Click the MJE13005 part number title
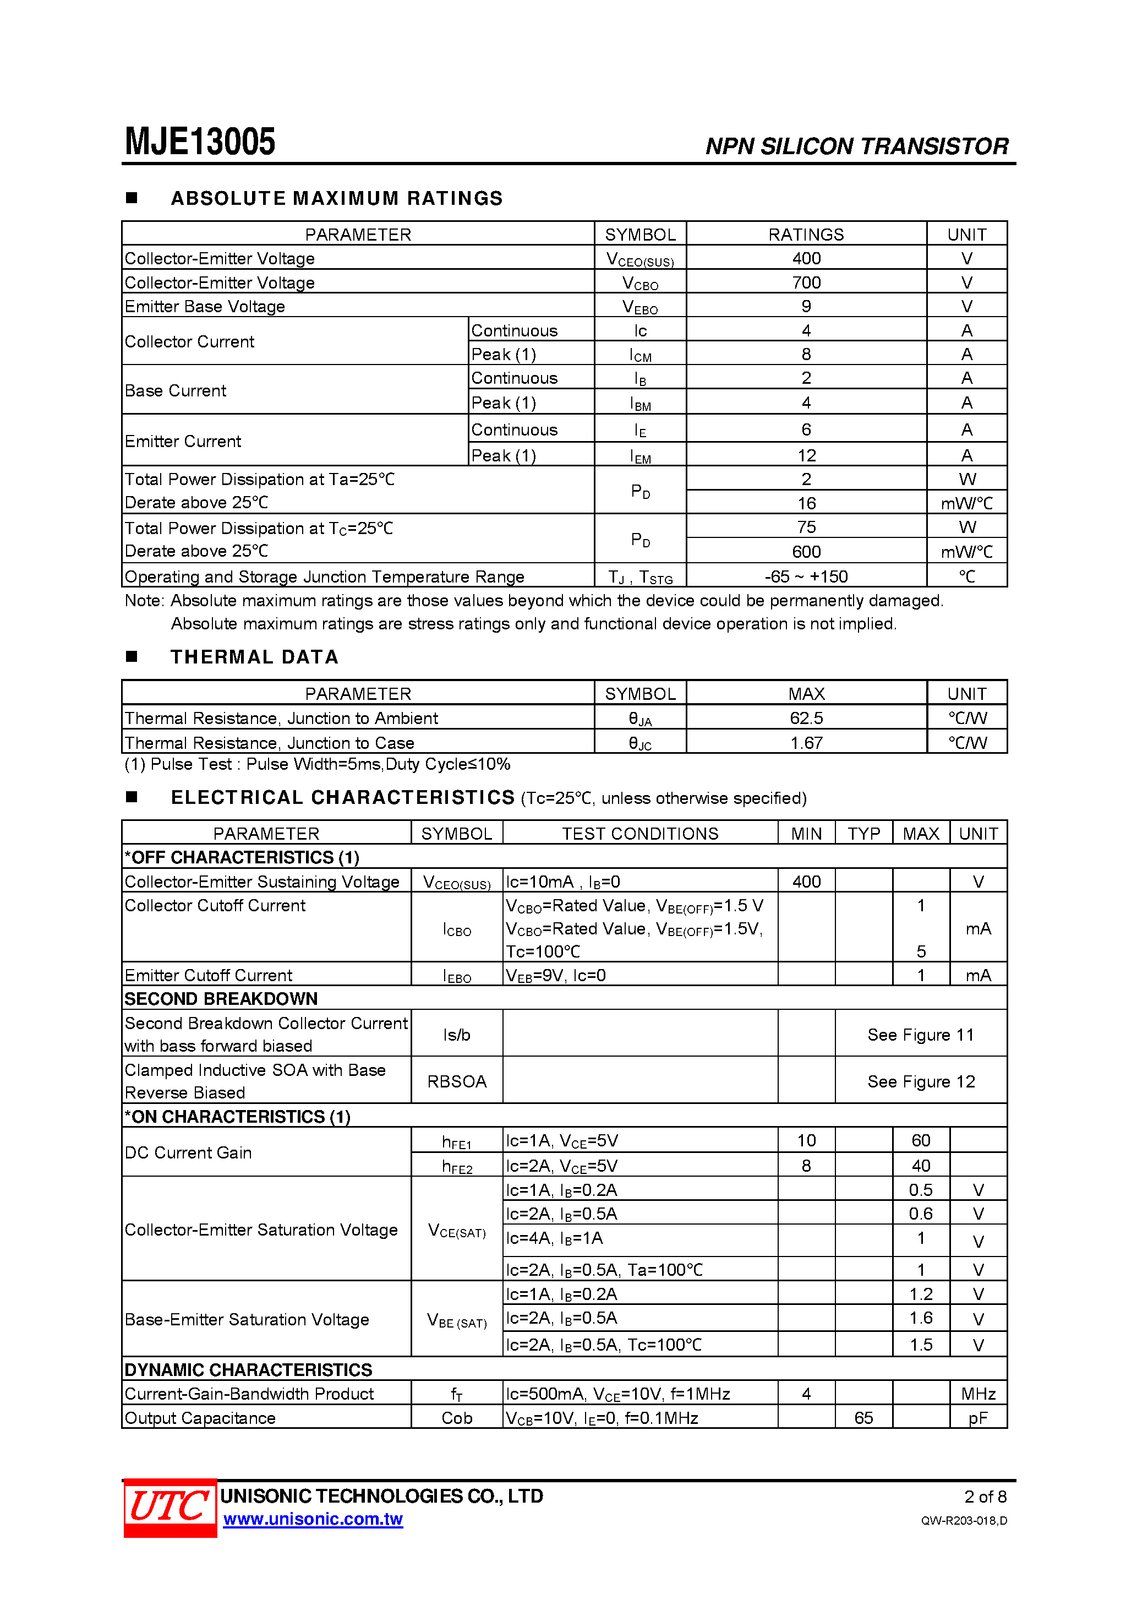click(200, 141)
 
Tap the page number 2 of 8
click(985, 1497)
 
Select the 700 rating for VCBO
click(806, 282)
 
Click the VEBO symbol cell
click(640, 307)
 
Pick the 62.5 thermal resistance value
click(806, 718)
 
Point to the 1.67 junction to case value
click(806, 743)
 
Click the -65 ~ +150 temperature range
click(806, 576)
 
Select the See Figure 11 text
click(920, 1035)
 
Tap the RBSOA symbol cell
click(456, 1081)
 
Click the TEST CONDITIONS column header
click(640, 833)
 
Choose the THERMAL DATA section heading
click(254, 657)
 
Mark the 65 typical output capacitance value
click(863, 1418)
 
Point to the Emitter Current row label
click(183, 441)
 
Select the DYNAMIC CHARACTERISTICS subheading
click(248, 1369)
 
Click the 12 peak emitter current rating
click(806, 456)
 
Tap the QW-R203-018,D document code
click(964, 1520)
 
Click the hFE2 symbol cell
click(457, 1166)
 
